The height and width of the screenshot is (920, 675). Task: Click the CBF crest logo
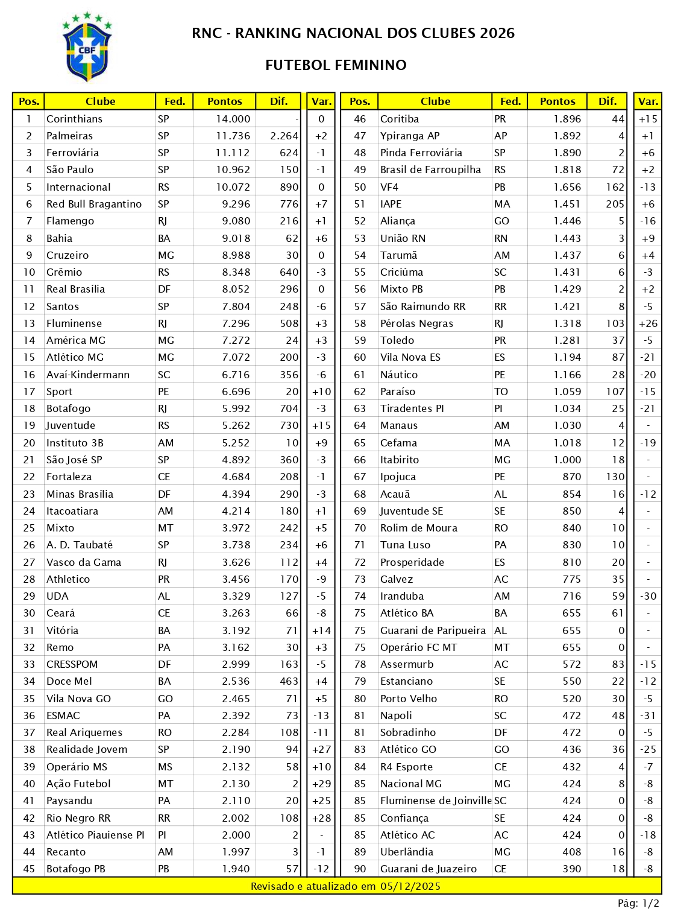click(x=87, y=47)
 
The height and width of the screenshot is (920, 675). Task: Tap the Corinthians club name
click(x=74, y=119)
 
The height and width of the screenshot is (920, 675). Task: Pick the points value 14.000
click(x=233, y=119)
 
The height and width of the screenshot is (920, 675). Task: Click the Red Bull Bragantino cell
click(x=94, y=204)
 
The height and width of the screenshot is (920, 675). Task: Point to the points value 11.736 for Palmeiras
click(x=233, y=136)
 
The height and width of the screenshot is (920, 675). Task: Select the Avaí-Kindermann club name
click(x=88, y=375)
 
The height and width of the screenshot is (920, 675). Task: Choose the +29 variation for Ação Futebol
click(x=321, y=784)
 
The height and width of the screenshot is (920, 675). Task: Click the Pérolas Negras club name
click(x=416, y=323)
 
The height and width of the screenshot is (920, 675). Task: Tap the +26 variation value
click(x=648, y=323)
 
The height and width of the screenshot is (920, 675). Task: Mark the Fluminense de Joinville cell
click(x=436, y=801)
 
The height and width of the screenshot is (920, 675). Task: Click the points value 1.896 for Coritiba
click(x=567, y=119)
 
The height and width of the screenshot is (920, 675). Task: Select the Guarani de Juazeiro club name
click(x=428, y=869)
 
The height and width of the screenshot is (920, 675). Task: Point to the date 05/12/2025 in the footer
click(x=410, y=886)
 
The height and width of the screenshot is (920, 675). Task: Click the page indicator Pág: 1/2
click(x=638, y=903)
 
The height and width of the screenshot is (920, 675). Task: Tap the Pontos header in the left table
click(x=224, y=101)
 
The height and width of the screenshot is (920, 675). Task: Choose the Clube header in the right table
click(x=435, y=101)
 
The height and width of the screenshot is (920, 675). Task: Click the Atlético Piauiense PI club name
click(x=95, y=835)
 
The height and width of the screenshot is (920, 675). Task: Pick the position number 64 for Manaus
click(x=360, y=425)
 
